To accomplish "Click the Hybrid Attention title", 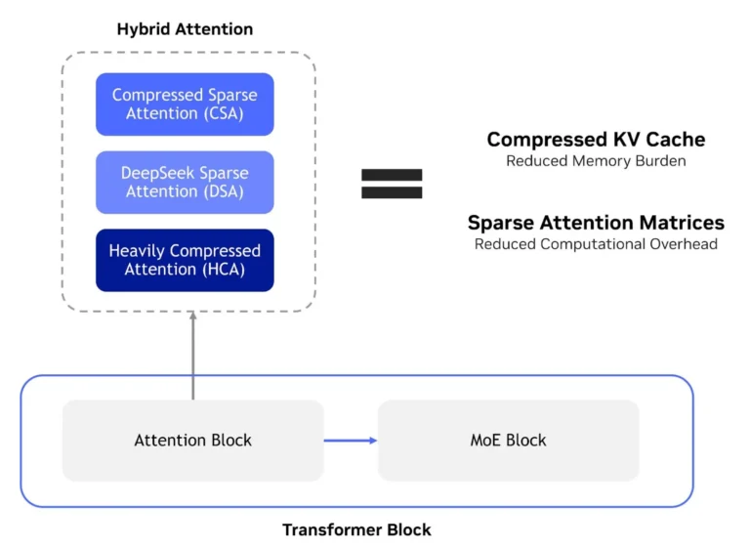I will [x=185, y=29].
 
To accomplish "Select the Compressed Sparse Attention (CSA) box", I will [x=185, y=105].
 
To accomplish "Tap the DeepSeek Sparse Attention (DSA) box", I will [x=185, y=183].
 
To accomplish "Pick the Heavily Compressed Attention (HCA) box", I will [x=185, y=260].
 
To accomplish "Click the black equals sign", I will [x=392, y=183].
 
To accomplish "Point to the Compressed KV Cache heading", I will [x=596, y=139].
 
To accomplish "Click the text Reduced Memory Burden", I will [x=596, y=161].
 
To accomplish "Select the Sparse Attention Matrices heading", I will [x=596, y=222].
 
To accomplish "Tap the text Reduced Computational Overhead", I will [x=596, y=244].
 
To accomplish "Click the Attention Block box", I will [x=192, y=441].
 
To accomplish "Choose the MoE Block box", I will [x=508, y=441].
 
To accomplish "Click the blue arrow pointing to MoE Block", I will [x=351, y=441].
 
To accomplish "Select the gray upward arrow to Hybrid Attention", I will [x=192, y=357].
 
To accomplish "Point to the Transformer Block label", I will [x=356, y=529].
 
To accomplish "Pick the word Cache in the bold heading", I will [x=675, y=139].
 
